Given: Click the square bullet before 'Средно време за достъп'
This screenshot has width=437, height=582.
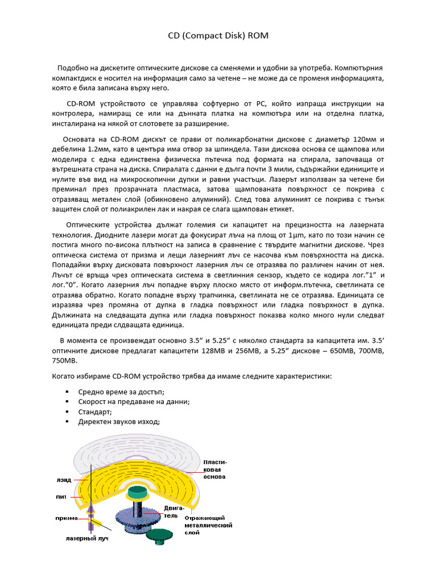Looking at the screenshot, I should pyautogui.click(x=67, y=391).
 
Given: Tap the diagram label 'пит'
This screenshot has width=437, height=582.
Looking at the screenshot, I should pyautogui.click(x=61, y=496).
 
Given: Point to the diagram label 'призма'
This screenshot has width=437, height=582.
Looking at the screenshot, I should pyautogui.click(x=66, y=518).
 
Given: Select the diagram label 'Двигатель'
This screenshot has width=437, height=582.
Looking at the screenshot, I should pyautogui.click(x=174, y=512).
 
